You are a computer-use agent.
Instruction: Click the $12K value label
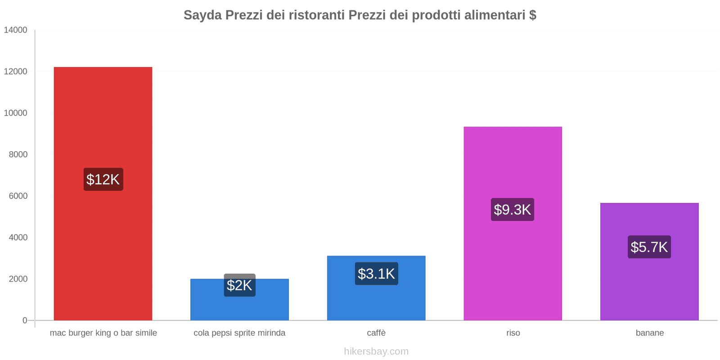(x=103, y=179)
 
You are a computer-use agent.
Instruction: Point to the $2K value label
(x=239, y=285)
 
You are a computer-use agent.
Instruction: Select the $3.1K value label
(x=376, y=274)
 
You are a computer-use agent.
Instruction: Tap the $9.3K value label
(x=513, y=210)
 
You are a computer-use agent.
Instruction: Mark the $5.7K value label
(x=649, y=247)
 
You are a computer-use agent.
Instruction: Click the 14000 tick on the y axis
(x=16, y=30)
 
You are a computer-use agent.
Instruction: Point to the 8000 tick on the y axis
(x=18, y=154)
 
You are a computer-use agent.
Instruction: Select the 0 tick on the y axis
(x=25, y=320)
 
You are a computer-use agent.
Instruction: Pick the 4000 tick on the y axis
(x=18, y=237)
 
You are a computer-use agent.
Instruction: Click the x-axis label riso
(x=513, y=333)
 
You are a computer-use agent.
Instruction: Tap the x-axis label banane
(x=650, y=333)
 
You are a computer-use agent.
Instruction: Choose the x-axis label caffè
(x=376, y=333)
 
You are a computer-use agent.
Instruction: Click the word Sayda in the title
(x=202, y=15)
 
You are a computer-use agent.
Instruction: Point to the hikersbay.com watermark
(x=376, y=351)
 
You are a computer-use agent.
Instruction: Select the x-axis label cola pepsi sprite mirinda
(x=239, y=333)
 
